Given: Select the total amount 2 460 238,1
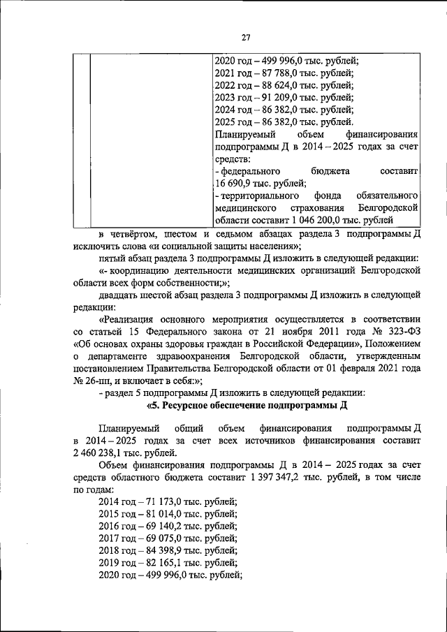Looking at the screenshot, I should click(x=104, y=453).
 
